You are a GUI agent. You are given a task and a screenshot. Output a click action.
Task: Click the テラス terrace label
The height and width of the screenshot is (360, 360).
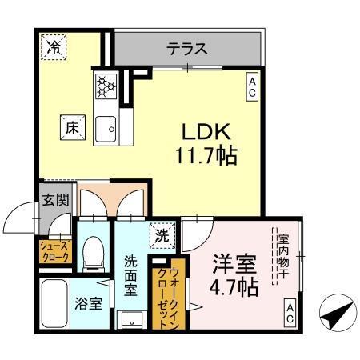point(187,50)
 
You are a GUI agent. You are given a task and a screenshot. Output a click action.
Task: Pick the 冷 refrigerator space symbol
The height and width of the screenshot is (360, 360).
point(53,47)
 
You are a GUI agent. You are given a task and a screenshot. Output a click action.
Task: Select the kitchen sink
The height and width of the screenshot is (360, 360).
point(106,126)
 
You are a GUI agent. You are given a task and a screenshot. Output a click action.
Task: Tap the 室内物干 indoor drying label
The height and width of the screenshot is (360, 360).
point(282,253)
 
